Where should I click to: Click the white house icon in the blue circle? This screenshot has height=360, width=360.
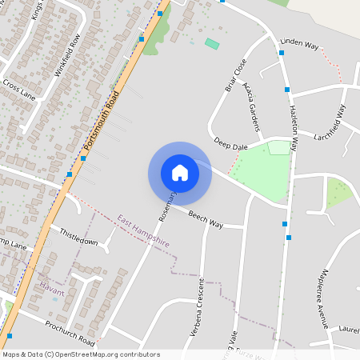click(x=180, y=172)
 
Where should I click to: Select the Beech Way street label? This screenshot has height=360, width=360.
click(x=206, y=219)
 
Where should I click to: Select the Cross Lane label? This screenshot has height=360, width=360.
click(x=19, y=88)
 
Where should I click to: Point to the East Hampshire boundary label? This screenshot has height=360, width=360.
click(x=143, y=230)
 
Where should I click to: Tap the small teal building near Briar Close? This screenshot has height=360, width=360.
click(x=211, y=43)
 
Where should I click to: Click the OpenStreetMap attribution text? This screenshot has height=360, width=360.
click(x=81, y=354)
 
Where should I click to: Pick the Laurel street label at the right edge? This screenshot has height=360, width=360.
click(x=348, y=328)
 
